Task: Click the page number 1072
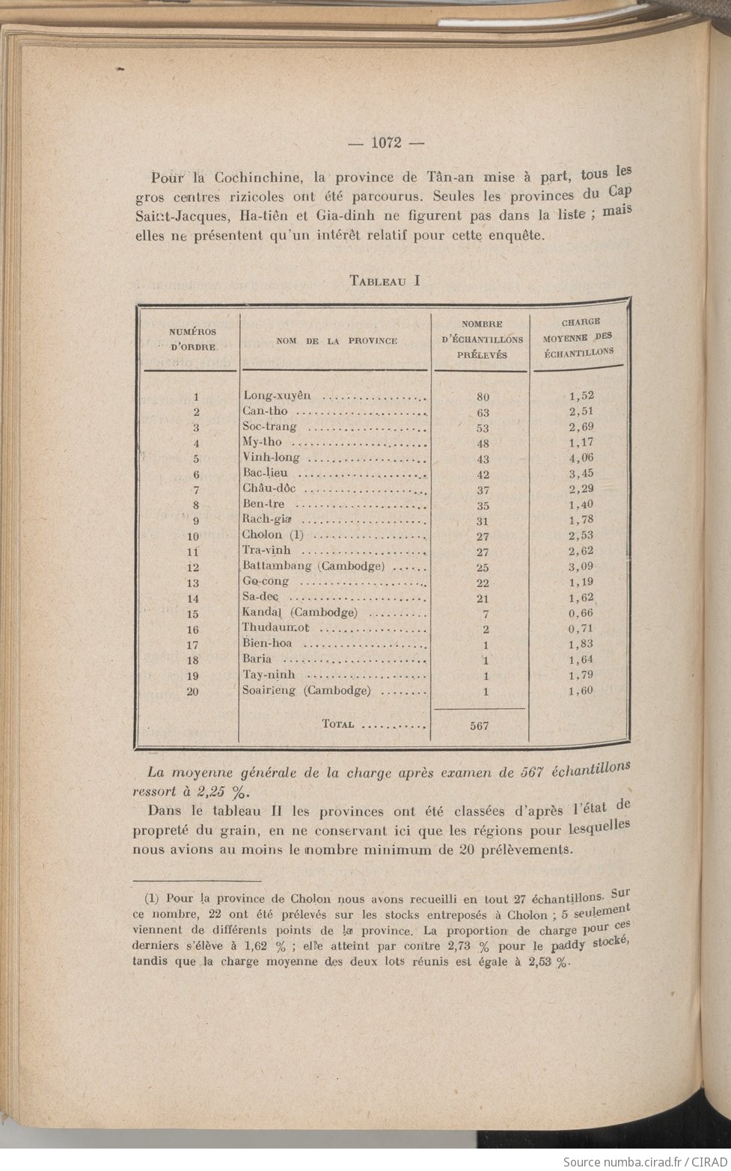click(387, 143)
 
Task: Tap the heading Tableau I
click(385, 281)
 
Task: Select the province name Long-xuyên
click(276, 396)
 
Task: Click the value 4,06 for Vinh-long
click(581, 458)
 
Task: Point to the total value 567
click(479, 725)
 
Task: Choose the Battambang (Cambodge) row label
click(313, 566)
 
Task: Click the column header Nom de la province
click(337, 340)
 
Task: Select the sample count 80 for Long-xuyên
click(483, 397)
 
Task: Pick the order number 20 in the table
click(192, 692)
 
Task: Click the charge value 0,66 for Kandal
click(581, 613)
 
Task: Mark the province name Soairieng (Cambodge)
click(306, 690)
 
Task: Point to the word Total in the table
click(337, 724)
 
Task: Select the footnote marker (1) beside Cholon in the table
click(296, 535)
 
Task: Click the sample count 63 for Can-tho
click(483, 413)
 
